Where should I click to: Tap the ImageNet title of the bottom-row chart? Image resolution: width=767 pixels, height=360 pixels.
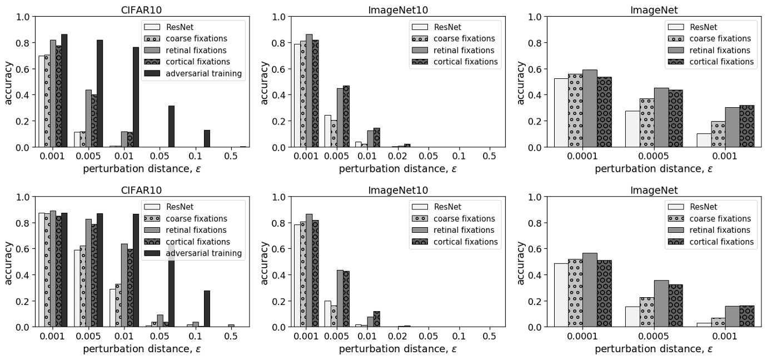click(x=654, y=191)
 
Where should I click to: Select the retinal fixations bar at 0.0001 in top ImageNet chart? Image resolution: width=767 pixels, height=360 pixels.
click(x=590, y=108)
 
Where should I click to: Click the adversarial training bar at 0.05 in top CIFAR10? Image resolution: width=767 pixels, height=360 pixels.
click(x=171, y=126)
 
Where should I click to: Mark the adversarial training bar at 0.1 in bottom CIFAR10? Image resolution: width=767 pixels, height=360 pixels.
click(x=207, y=308)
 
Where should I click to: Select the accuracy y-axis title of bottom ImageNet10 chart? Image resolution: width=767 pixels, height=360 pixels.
click(x=265, y=262)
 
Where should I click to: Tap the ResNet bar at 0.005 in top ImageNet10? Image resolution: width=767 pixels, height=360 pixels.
click(x=327, y=131)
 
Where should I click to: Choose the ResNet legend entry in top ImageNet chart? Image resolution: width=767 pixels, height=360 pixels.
click(x=701, y=27)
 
